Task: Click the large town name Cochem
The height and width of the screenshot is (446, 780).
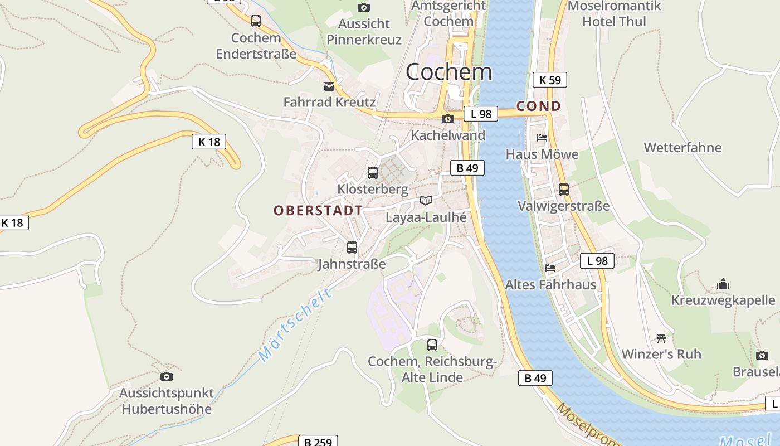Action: (449, 72)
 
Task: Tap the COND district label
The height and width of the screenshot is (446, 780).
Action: (538, 106)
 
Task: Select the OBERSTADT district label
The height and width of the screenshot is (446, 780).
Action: (318, 211)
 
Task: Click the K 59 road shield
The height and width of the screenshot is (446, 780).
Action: (549, 80)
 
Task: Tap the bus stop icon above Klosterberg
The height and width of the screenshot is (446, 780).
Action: (373, 173)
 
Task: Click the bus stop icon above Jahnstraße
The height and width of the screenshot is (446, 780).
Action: (352, 248)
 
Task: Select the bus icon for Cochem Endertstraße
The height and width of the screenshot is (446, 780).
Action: (256, 21)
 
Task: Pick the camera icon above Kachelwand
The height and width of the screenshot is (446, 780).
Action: (447, 119)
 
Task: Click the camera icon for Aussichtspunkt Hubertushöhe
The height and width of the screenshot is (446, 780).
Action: (166, 377)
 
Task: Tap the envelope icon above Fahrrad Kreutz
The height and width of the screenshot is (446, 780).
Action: (329, 86)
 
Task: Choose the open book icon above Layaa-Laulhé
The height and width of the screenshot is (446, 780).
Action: (426, 200)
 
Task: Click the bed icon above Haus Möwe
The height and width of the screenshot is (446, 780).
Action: (542, 137)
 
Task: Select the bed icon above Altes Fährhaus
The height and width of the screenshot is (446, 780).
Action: (550, 268)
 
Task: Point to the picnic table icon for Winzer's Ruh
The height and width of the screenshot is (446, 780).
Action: (661, 338)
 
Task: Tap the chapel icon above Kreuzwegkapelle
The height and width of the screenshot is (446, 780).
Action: (723, 284)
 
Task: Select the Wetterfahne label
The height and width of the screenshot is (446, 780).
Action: (682, 148)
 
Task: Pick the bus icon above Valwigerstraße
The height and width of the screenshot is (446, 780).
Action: (564, 190)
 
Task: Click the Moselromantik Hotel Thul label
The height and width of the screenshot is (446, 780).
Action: (614, 14)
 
